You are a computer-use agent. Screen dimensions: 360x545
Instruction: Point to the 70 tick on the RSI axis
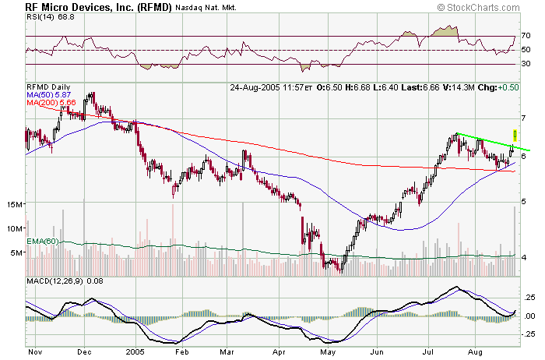point(526,36)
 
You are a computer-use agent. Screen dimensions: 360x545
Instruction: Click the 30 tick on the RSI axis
point(526,64)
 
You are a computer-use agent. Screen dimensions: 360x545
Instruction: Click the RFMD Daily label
point(49,87)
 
